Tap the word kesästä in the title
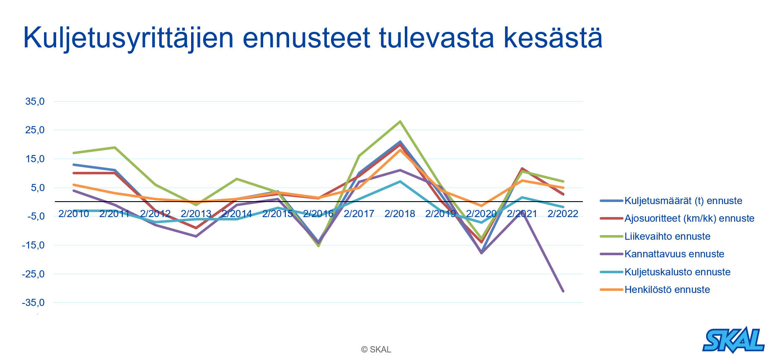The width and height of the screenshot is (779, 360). (x=553, y=39)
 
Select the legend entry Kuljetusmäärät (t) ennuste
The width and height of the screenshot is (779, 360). (x=683, y=201)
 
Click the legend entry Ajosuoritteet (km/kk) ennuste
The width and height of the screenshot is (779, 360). (x=689, y=218)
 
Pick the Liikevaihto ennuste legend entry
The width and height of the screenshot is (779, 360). (x=667, y=236)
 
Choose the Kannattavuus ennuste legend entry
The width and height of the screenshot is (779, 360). (x=674, y=254)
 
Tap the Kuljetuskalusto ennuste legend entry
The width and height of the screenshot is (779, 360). (x=677, y=272)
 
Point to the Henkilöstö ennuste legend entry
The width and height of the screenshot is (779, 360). (x=667, y=290)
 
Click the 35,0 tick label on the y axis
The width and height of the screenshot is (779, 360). (x=35, y=101)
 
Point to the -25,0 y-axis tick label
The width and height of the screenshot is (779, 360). (x=33, y=274)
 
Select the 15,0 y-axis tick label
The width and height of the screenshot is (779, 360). (x=35, y=159)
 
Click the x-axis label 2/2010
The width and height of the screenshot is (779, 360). (x=74, y=214)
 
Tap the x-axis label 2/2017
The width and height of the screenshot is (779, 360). (x=359, y=214)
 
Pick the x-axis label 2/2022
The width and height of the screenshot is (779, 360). (x=563, y=214)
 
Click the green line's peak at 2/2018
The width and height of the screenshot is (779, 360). (x=400, y=122)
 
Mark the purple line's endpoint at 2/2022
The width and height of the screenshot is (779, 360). (x=563, y=291)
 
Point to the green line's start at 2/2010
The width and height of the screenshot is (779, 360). (x=74, y=153)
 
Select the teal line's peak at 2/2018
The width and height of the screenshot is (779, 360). (x=400, y=181)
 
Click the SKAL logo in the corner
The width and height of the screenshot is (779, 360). (x=733, y=340)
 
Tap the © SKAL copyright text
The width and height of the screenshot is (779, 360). (x=376, y=350)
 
